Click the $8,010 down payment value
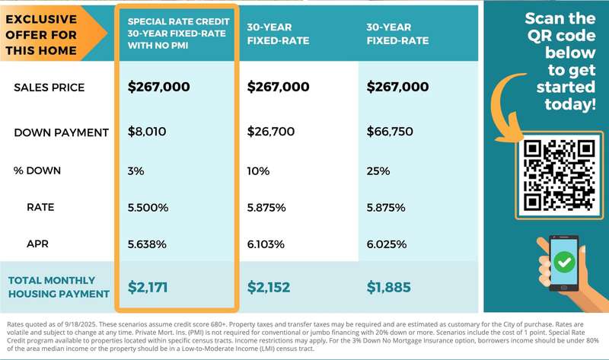point(147,132)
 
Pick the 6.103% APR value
point(266,244)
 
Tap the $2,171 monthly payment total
point(148,287)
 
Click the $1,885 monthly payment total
point(388,287)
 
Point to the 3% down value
point(136,170)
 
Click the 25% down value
point(378,170)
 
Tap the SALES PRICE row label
point(49,88)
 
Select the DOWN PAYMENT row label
point(62,132)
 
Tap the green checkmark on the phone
point(564,263)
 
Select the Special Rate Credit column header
point(176,33)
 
